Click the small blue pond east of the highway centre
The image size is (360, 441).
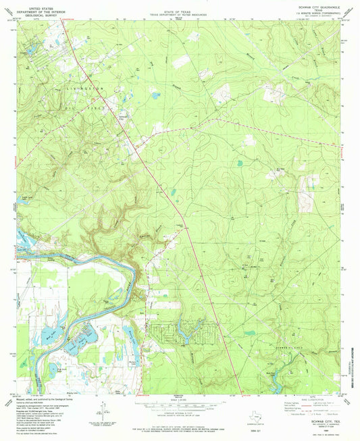tap(239, 162)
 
